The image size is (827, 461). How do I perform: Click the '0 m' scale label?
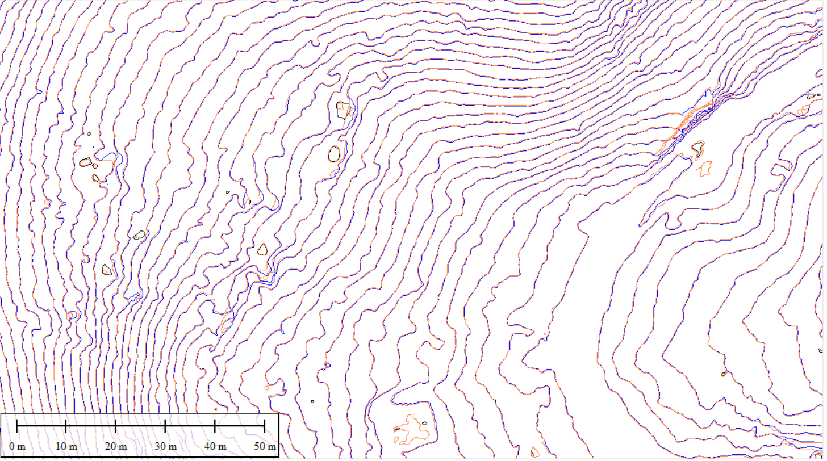17,447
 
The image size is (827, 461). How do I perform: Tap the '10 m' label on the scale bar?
66,447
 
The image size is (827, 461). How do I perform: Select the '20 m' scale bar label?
115,447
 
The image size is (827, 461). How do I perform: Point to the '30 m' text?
165,447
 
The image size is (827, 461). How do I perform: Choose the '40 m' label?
215,447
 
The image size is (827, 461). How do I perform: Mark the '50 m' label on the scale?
264,447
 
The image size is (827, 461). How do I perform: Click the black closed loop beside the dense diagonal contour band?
698,149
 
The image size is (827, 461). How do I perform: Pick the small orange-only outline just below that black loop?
705,168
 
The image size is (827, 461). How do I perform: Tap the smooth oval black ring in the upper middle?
335,153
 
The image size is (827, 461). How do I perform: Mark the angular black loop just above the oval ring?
343,109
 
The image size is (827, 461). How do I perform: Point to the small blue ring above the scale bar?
72,315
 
